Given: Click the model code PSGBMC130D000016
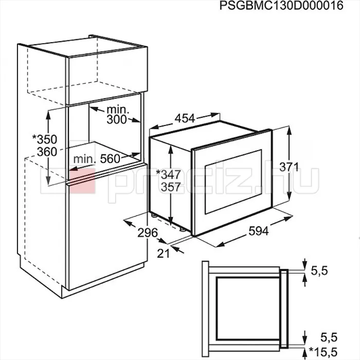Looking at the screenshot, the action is (x=281, y=6).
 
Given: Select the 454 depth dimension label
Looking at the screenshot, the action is (x=185, y=118).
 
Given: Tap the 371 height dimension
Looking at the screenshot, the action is (x=289, y=167).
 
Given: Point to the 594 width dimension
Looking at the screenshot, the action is (x=259, y=231).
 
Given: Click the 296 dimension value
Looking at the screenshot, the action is (x=148, y=233).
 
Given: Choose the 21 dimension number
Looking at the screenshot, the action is (x=163, y=254).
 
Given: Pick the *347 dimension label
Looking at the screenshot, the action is (x=168, y=174).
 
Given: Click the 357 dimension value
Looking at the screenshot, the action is (x=171, y=187).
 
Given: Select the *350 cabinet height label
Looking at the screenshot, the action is (x=45, y=139).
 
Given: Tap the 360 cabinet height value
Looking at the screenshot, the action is (x=47, y=152).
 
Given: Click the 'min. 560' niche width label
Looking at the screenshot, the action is (x=97, y=158).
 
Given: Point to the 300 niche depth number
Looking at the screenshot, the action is (x=117, y=119).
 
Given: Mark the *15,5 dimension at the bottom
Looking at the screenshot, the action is (x=323, y=352).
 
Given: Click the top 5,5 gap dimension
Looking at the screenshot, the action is (x=319, y=271).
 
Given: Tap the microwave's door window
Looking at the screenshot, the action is (x=233, y=182).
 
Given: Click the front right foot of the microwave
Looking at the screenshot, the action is (x=183, y=229).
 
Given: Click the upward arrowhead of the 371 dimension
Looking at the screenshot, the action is (x=289, y=131).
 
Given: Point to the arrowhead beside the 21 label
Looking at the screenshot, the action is (x=175, y=248).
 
